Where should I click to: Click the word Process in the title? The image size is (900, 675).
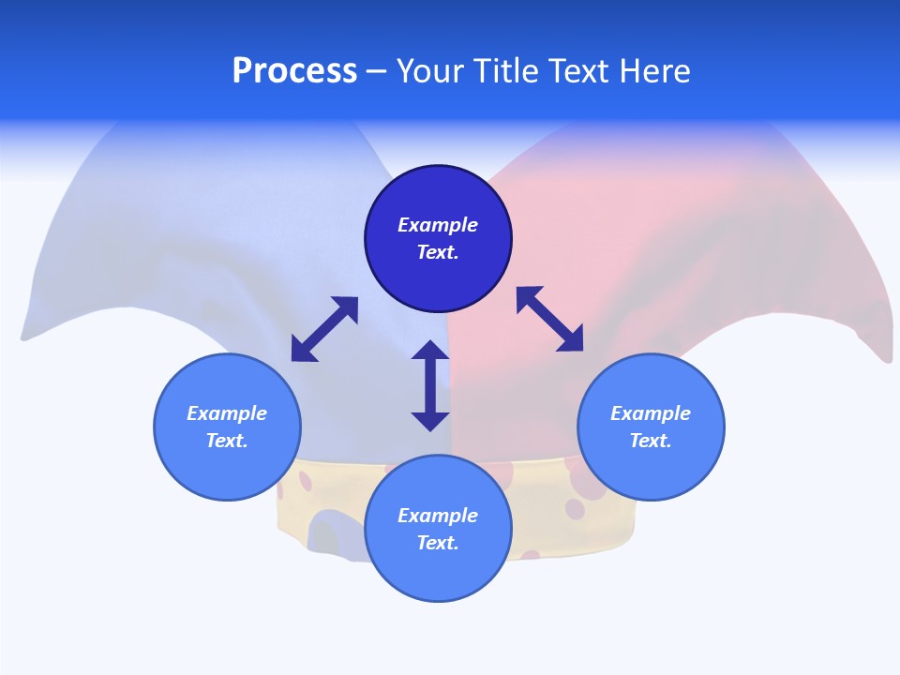click(294, 71)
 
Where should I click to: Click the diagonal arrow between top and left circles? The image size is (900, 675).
click(324, 329)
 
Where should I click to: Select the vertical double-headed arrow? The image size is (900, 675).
click(430, 385)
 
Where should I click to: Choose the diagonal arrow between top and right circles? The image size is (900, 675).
click(549, 319)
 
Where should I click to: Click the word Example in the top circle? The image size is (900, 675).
click(438, 225)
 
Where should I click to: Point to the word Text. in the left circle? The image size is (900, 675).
click(227, 441)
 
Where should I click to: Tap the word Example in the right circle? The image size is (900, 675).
click(651, 413)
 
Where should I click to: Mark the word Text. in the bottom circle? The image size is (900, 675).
click(438, 543)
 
